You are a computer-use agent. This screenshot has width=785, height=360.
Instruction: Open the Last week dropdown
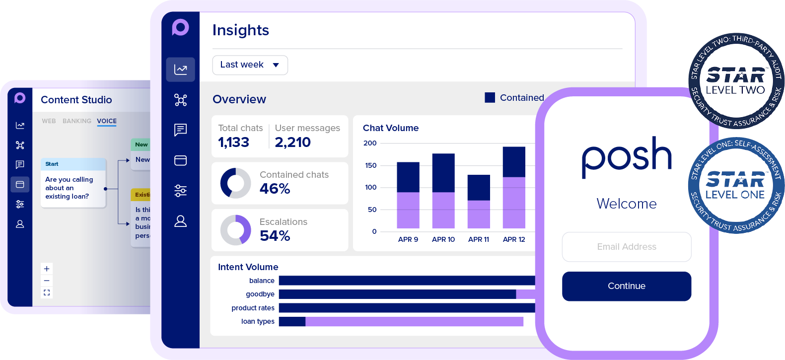(x=250, y=65)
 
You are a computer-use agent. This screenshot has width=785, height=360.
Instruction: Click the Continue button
(x=626, y=286)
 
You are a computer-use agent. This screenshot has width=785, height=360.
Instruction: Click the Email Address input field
(x=626, y=247)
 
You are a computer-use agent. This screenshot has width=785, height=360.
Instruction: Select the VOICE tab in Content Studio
(x=107, y=121)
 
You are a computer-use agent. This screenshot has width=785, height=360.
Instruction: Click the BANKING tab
(x=77, y=121)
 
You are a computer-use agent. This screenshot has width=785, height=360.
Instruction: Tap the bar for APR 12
(x=514, y=188)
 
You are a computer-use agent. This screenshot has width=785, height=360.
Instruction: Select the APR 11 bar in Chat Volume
(x=479, y=202)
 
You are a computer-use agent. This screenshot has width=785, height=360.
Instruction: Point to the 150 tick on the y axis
(x=371, y=165)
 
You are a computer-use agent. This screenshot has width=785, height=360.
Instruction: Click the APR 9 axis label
(x=408, y=239)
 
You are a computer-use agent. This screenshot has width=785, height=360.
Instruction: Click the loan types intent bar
(x=401, y=322)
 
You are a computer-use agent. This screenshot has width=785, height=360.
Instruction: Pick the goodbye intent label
(x=260, y=294)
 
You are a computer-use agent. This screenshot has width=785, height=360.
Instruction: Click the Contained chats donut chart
(x=235, y=183)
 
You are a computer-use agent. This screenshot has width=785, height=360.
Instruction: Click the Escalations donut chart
(x=235, y=230)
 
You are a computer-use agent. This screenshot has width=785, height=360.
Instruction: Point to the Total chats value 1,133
(x=233, y=143)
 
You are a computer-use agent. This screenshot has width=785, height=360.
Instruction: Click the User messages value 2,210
(x=292, y=143)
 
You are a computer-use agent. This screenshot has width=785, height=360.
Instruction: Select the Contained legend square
(x=490, y=98)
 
